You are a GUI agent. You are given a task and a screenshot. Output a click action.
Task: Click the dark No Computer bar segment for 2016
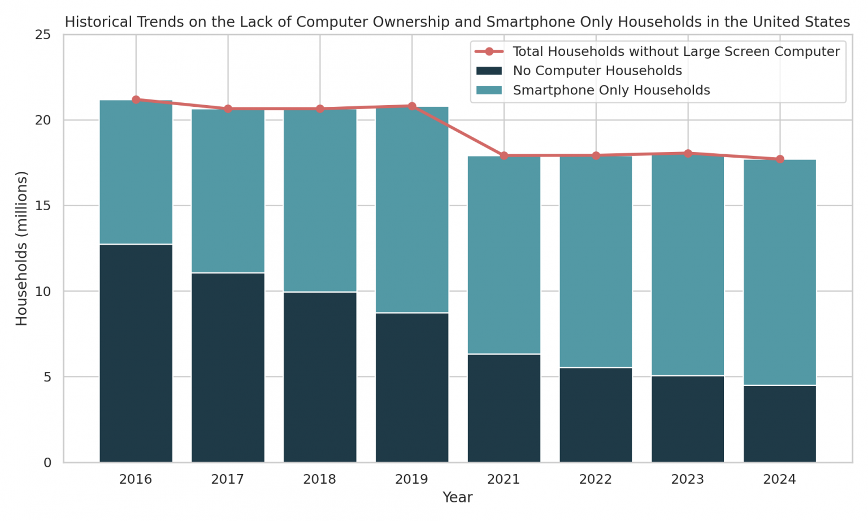point(136,353)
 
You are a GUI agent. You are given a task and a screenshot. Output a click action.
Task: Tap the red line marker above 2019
point(412,106)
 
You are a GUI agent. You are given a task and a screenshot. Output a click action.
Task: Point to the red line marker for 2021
point(504,155)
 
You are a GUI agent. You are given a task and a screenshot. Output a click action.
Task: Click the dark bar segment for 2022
point(596,415)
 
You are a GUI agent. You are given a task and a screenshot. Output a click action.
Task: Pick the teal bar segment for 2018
point(320,201)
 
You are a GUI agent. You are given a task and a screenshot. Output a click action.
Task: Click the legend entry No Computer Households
point(597,71)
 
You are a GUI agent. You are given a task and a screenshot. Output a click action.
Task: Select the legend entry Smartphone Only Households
point(611,90)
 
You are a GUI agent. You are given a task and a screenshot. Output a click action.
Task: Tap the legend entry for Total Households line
point(675,52)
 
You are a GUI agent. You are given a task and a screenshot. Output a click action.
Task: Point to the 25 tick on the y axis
point(44,35)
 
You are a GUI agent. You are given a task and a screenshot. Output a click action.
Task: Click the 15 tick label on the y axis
point(44,206)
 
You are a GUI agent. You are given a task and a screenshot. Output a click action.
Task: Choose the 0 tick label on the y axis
point(47,463)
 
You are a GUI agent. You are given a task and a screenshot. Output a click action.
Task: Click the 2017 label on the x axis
point(228,480)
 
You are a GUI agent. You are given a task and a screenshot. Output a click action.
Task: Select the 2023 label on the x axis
point(688,480)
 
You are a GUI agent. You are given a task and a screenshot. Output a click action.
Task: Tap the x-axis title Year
point(457,498)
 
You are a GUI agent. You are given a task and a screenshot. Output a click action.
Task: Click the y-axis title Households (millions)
point(21,249)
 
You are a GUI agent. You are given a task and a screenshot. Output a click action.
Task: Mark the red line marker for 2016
point(136,99)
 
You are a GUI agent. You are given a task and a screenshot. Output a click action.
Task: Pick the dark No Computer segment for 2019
point(412,388)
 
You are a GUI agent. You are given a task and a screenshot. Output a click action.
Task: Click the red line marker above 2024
point(780,159)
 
